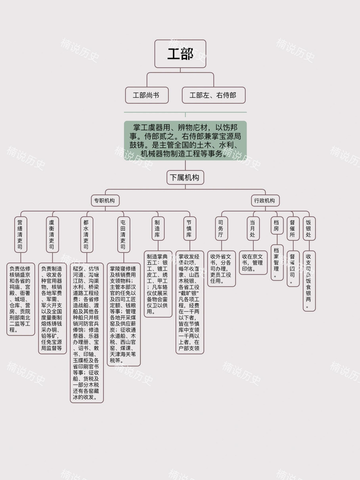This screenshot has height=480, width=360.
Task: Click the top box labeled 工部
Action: [180, 53]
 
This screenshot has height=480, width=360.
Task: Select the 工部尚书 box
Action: [147, 95]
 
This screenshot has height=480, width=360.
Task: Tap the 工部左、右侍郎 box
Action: [213, 95]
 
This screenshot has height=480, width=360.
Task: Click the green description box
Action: [185, 140]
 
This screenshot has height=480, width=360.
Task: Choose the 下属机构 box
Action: [185, 177]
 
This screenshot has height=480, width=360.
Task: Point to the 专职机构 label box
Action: [104, 200]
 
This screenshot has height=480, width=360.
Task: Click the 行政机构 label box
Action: [264, 200]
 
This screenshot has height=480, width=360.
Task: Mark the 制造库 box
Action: [157, 228]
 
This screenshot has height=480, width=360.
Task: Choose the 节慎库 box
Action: [189, 228]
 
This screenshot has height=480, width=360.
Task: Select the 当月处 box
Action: [253, 228]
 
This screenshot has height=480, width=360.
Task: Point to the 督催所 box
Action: [292, 228]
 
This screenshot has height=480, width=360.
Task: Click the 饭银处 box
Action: [309, 228]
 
